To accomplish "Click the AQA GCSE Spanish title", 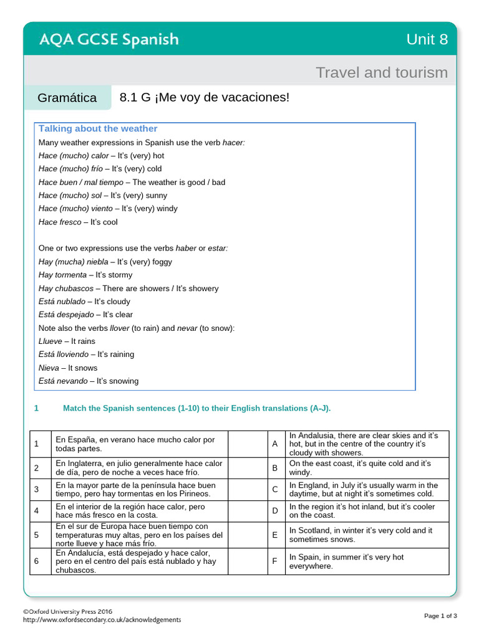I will click(x=109, y=40).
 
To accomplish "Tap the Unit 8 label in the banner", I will click(x=427, y=40).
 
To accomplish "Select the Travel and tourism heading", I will click(x=381, y=72).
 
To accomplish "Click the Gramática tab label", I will click(x=67, y=98).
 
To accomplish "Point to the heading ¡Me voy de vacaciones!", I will click(x=205, y=98).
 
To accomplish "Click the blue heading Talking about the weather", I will click(x=98, y=128).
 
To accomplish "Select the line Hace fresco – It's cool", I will click(x=78, y=222).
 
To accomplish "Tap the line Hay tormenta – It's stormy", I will click(x=85, y=275).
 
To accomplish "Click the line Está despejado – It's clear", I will click(x=85, y=315).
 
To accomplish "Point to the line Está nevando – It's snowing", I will click(x=89, y=381).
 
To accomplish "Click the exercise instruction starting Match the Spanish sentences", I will click(x=196, y=408).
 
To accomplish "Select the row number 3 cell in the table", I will click(x=37, y=489).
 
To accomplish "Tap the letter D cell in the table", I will click(x=274, y=511).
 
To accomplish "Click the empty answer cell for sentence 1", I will click(x=247, y=444).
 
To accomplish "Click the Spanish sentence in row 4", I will click(x=130, y=511).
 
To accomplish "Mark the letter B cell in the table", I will click(x=274, y=468).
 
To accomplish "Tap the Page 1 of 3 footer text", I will click(x=440, y=616).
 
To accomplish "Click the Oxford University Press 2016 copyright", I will click(x=68, y=611).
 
